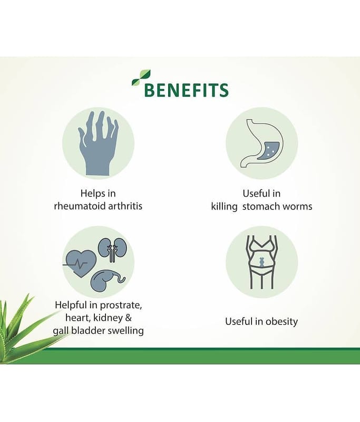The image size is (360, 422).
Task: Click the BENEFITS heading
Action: pyautogui.click(x=186, y=90)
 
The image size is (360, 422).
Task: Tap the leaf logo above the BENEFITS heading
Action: pyautogui.click(x=141, y=78)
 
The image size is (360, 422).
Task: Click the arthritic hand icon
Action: pyautogui.click(x=98, y=143)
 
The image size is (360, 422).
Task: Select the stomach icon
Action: pyautogui.click(x=261, y=143)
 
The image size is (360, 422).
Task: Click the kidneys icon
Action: pyautogui.click(x=112, y=249)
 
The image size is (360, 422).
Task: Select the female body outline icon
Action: pyautogui.click(x=261, y=262)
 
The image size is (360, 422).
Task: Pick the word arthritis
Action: pyautogui.click(x=125, y=206)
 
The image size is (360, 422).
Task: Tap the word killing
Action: pyautogui.click(x=224, y=206)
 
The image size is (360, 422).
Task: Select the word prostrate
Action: pyautogui.click(x=121, y=305)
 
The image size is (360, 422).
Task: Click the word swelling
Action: pyautogui.click(x=125, y=331)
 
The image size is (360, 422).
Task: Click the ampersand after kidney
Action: pyautogui.click(x=129, y=318)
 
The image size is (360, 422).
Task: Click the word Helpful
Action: pyautogui.click(x=71, y=305)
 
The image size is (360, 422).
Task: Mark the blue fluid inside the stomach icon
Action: pyautogui.click(x=269, y=151)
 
